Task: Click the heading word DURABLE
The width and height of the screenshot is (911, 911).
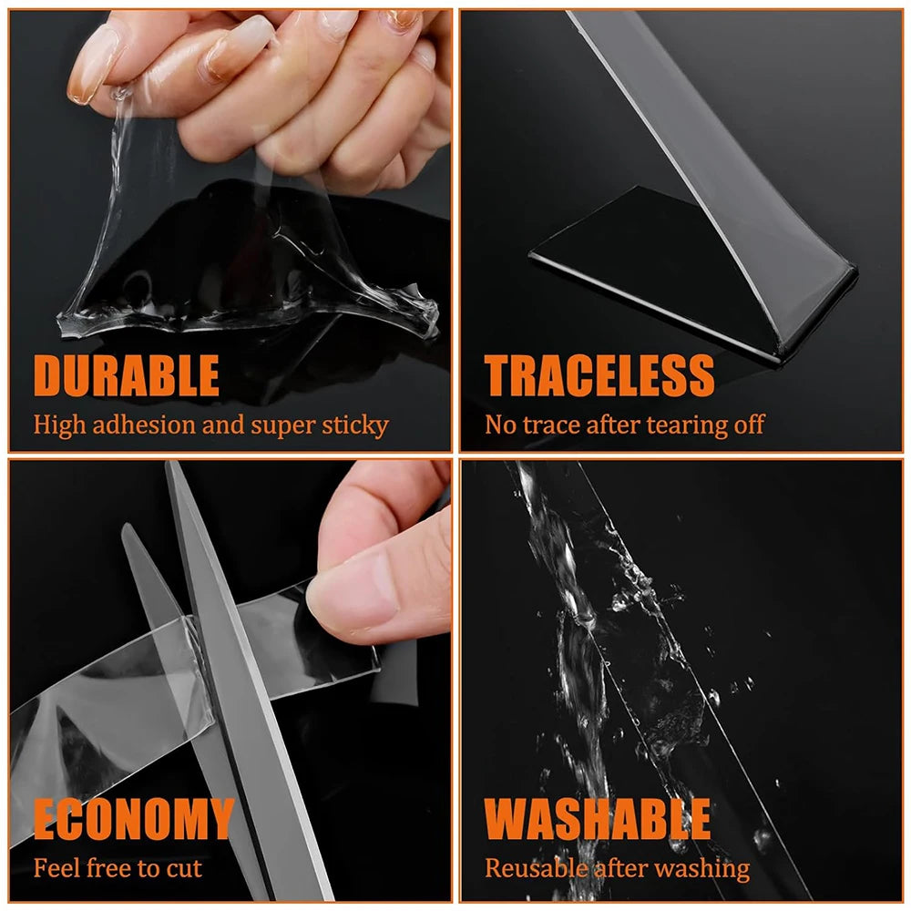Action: point(127,375)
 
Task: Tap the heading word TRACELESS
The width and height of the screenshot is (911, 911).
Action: point(599,375)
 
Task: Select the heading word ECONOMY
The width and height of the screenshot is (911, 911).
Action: point(134,819)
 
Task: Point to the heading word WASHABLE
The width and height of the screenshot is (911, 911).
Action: point(598,819)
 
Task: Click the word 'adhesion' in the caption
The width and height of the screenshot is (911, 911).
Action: point(134,425)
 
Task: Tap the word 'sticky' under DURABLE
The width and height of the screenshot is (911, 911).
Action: point(357,425)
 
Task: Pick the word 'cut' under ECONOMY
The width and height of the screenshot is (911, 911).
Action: point(184,868)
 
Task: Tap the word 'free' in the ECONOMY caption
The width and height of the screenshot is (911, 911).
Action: point(107,868)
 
